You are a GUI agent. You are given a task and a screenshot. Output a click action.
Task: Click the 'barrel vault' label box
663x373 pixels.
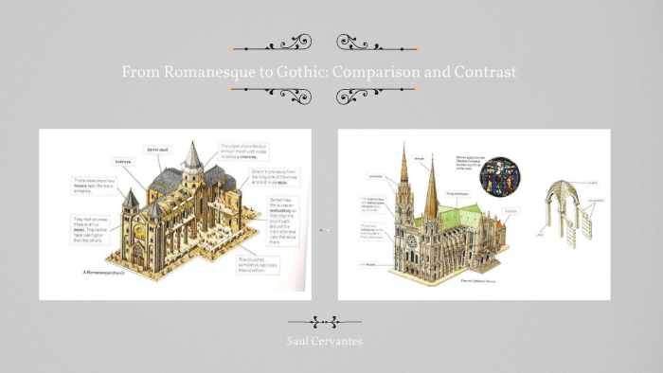coord(156,150)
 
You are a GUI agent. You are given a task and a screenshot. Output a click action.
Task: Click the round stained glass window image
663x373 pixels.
coord(497,175)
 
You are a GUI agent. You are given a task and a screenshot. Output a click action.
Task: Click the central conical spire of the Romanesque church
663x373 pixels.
coord(192,157)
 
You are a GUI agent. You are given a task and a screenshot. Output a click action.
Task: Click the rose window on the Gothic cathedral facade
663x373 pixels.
coord(410,238)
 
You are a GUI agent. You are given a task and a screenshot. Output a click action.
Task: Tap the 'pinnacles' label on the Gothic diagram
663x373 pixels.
coord(371,176)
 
